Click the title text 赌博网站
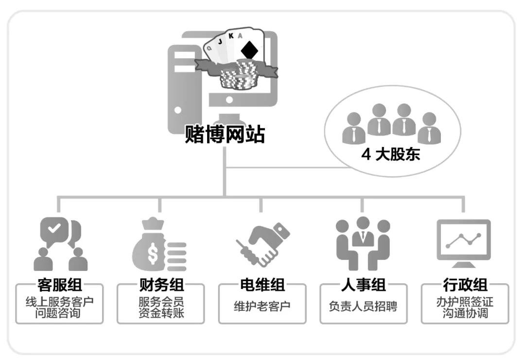[x=225, y=134]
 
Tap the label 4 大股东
[x=391, y=155]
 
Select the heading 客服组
[x=59, y=284]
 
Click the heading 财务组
[x=160, y=284]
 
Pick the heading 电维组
[x=262, y=284]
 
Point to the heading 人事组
[x=363, y=284]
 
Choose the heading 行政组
[x=465, y=284]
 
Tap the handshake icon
[x=262, y=245]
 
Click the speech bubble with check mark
[x=54, y=230]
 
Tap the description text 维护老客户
[x=262, y=307]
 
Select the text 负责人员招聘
[x=363, y=307]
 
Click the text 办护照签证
[x=465, y=302]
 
